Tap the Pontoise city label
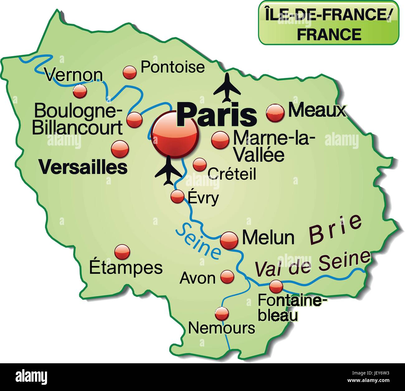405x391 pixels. coord(173,67)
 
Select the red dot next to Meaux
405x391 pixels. coord(275,112)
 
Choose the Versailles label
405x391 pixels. coord(83,167)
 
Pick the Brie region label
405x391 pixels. coord(336,229)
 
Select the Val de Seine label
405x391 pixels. coord(313,263)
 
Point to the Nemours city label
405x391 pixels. coord(222,328)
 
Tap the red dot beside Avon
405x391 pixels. coord(227,276)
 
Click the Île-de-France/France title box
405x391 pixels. coord(328,22)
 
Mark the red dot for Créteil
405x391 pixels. coord(199,165)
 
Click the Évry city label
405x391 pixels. coord(203,198)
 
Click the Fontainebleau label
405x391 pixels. coord(292,308)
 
